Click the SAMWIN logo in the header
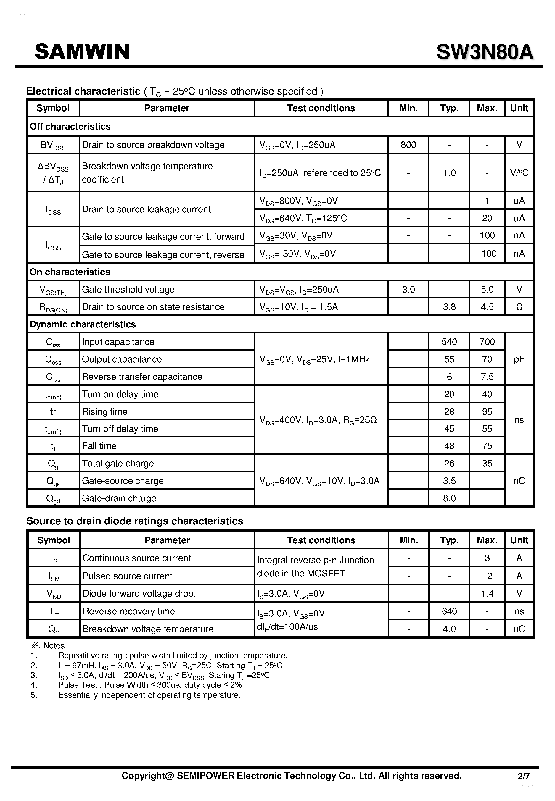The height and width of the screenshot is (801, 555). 82,51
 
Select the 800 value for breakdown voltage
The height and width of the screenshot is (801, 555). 408,145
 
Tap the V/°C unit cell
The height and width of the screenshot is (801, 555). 519,173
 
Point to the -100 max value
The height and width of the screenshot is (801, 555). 487,254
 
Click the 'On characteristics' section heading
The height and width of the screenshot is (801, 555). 70,272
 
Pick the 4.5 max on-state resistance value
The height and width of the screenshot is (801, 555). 487,307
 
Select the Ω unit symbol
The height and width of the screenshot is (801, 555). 519,307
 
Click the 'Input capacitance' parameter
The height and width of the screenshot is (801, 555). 118,342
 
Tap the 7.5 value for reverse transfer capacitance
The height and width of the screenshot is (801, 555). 487,377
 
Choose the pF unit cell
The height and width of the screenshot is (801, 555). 519,359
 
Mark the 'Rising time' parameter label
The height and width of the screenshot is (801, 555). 105,411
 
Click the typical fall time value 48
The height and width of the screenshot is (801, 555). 449,446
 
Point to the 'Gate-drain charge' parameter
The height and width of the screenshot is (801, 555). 119,498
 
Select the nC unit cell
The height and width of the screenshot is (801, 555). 519,481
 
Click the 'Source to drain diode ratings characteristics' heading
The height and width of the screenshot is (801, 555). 135,521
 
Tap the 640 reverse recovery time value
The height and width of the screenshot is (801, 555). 449,611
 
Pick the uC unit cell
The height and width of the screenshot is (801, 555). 519,629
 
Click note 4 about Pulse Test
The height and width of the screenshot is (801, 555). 149,685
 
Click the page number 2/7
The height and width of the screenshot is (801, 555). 523,776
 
